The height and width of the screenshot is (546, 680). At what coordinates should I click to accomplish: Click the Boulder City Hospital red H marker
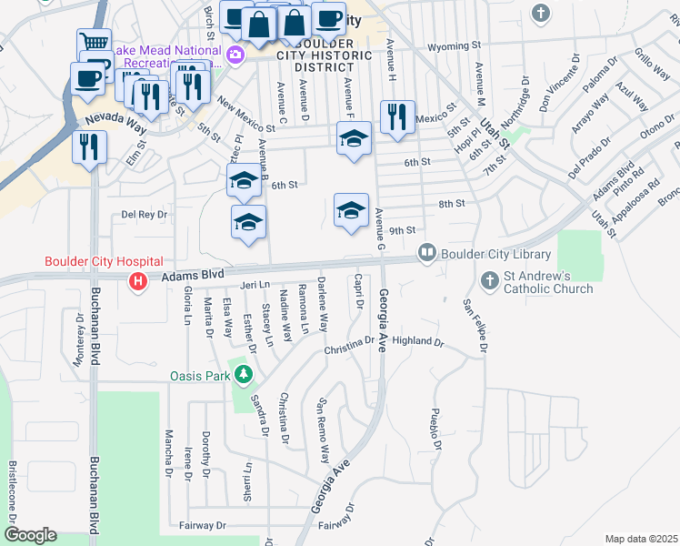[x=137, y=281]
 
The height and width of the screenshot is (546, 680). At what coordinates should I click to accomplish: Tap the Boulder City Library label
[x=496, y=254]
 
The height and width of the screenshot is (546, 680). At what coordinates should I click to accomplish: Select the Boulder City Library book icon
[x=425, y=252]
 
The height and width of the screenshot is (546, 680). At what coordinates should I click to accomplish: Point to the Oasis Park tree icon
[x=243, y=374]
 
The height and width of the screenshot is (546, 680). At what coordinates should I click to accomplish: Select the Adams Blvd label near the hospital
[x=194, y=273]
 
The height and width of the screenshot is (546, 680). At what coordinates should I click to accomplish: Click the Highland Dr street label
[x=417, y=343]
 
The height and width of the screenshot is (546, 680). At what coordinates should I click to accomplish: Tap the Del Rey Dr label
[x=145, y=215]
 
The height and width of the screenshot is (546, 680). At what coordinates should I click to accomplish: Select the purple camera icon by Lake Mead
[x=236, y=55]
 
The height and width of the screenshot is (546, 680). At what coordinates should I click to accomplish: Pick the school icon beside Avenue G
[x=352, y=211]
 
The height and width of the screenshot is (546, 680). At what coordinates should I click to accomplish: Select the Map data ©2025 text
[x=641, y=539]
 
